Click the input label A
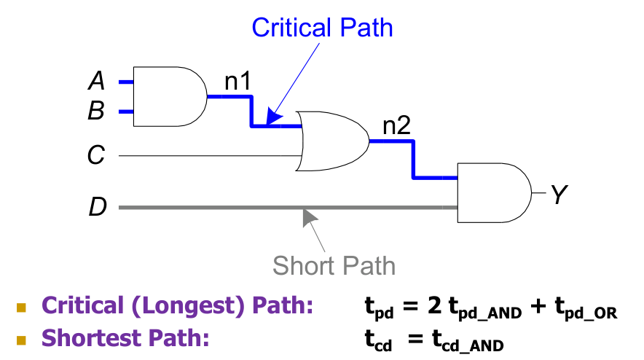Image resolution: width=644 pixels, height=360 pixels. coord(97,81)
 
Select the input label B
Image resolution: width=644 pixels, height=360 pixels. coord(97,111)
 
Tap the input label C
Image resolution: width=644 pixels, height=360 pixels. coord(97,155)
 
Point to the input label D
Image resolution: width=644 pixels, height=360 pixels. coord(98,208)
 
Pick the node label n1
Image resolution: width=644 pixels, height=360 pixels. coord(237,82)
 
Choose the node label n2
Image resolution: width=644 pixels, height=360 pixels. coord(397,127)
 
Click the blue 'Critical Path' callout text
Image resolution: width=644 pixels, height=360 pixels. coord(322,28)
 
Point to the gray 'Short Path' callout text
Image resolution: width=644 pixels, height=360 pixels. coord(334,265)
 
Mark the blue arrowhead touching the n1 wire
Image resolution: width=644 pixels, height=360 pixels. coord(274,117)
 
